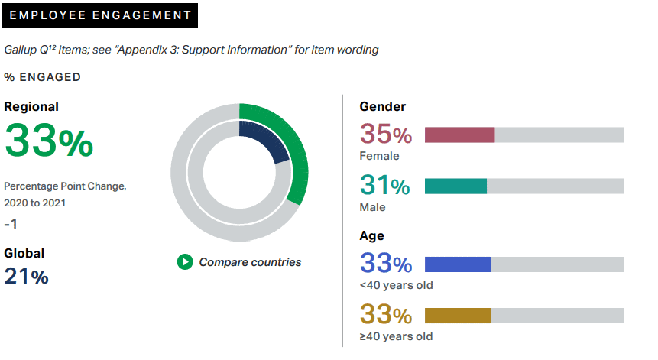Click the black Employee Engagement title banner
pyautogui.click(x=99, y=15)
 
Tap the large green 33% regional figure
pyautogui.click(x=49, y=140)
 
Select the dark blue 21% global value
pyautogui.click(x=27, y=277)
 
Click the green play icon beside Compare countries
pyautogui.click(x=185, y=262)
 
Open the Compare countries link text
pyautogui.click(x=250, y=262)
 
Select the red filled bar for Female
pyautogui.click(x=459, y=135)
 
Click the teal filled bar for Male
pyautogui.click(x=455, y=186)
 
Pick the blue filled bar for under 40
pyautogui.click(x=457, y=264)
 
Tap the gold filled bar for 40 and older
pyautogui.click(x=457, y=316)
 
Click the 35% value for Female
pyautogui.click(x=386, y=135)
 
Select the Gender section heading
pyautogui.click(x=382, y=107)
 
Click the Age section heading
pyautogui.click(x=372, y=236)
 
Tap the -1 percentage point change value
pyautogui.click(x=11, y=225)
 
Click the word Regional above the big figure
pyautogui.click(x=31, y=107)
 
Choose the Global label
pyautogui.click(x=24, y=253)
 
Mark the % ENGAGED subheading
pyautogui.click(x=43, y=77)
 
